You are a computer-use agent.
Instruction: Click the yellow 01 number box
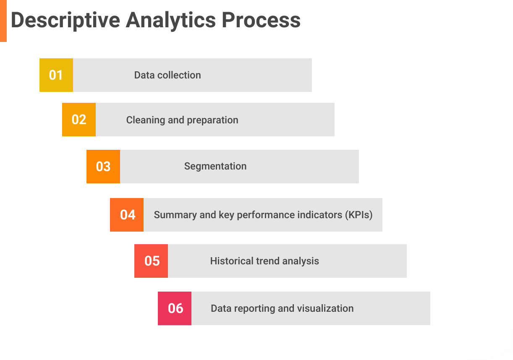tap(56, 75)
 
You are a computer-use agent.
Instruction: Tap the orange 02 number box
tap(79, 120)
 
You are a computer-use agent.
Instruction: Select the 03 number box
tap(103, 167)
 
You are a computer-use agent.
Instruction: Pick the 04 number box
tap(127, 215)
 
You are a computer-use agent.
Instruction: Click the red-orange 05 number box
tap(151, 261)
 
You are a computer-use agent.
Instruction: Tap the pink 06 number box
tap(175, 308)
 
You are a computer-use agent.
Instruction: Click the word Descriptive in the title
tap(65, 20)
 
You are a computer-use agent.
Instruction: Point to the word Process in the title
tap(261, 20)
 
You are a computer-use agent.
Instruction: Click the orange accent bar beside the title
tap(3, 21)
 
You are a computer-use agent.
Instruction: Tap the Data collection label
tap(168, 75)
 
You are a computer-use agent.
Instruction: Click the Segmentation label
tap(215, 166)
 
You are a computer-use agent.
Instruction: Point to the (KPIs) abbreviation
tap(359, 215)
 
